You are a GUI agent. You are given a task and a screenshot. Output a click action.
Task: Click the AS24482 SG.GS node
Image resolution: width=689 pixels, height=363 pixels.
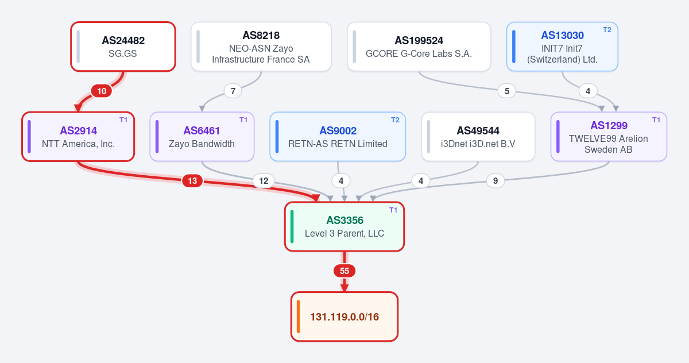point(123,47)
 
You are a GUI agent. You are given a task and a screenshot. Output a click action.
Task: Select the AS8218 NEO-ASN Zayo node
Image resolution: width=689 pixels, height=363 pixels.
point(261,47)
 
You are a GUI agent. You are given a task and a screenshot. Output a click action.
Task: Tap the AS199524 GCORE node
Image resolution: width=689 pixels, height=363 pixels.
point(419,47)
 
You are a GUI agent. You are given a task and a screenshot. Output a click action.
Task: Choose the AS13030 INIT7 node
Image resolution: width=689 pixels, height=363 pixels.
point(562,47)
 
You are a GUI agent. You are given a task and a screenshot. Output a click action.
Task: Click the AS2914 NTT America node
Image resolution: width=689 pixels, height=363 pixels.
point(78,137)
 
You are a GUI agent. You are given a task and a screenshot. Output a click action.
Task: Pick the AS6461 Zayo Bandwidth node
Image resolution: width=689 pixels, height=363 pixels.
point(202,137)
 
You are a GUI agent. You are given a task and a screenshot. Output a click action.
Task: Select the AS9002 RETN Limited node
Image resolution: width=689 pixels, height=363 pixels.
point(338,137)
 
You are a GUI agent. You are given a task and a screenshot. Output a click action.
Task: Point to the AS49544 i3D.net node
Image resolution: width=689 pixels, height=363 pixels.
point(478,137)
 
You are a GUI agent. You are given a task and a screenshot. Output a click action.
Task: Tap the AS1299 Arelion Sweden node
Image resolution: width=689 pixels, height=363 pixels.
point(609,137)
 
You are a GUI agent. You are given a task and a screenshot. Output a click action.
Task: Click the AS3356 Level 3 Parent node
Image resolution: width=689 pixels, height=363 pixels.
point(344,227)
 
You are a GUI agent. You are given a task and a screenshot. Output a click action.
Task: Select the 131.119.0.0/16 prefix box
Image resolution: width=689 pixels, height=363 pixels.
point(344,316)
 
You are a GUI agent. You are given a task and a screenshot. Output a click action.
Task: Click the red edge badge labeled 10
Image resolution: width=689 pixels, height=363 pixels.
point(102,91)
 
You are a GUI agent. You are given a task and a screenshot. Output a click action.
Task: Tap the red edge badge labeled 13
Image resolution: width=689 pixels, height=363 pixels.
point(192,180)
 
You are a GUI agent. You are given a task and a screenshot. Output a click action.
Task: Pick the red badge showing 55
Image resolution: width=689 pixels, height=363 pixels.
point(344,271)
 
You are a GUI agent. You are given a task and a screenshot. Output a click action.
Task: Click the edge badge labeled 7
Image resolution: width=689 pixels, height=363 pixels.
point(233,91)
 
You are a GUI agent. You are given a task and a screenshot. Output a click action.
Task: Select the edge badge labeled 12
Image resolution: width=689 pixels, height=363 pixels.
point(264,180)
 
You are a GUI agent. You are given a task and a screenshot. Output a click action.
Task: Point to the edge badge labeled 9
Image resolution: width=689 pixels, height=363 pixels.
point(495,180)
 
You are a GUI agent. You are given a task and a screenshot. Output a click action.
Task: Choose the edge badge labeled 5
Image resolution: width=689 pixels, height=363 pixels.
point(507,91)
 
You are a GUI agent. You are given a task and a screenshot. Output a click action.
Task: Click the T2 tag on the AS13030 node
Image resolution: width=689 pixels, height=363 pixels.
point(607,30)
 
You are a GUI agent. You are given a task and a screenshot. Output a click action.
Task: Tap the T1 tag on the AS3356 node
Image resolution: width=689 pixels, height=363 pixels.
point(393,210)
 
